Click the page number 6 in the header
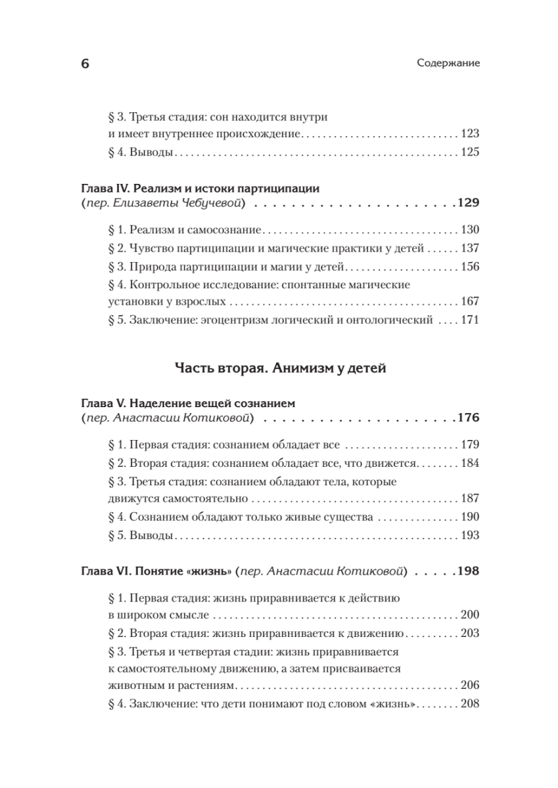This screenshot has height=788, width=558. coord(84,64)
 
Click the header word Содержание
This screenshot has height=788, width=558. coord(449,64)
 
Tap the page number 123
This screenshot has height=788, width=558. coord(469,134)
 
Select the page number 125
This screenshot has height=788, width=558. coord(469,153)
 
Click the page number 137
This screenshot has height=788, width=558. coord(469,249)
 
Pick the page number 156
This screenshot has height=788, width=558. coord(469,267)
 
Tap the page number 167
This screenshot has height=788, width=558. coord(469,302)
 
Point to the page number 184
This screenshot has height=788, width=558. coord(469,463)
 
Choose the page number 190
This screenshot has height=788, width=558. coord(469,517)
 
